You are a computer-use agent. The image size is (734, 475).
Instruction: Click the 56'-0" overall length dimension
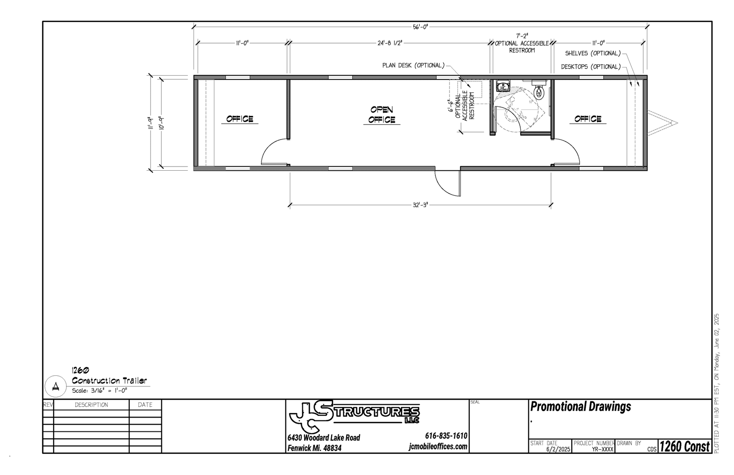pos(420,27)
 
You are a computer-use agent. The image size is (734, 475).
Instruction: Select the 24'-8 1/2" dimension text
pos(389,43)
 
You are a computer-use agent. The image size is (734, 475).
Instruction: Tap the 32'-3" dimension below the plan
pos(420,205)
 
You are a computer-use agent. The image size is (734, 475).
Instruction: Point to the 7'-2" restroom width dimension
pos(522,36)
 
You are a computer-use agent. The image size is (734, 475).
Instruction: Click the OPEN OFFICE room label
pos(382,115)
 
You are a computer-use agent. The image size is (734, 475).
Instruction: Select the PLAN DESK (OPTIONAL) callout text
pos(413,65)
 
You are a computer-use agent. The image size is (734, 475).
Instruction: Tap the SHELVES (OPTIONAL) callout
pos(593,53)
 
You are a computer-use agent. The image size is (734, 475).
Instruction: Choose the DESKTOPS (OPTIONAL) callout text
pos(591,67)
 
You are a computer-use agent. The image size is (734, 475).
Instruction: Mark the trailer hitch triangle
pos(662,123)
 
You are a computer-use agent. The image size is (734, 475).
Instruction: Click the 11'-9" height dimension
pos(151,123)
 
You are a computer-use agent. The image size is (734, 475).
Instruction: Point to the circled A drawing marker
pos(56,386)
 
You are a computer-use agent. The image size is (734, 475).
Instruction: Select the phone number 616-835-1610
pos(446,436)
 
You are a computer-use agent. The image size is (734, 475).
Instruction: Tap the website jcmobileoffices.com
pos(438,447)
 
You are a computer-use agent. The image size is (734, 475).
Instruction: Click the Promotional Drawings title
pos(581,407)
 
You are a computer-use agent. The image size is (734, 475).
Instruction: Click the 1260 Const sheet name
pos(684,446)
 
